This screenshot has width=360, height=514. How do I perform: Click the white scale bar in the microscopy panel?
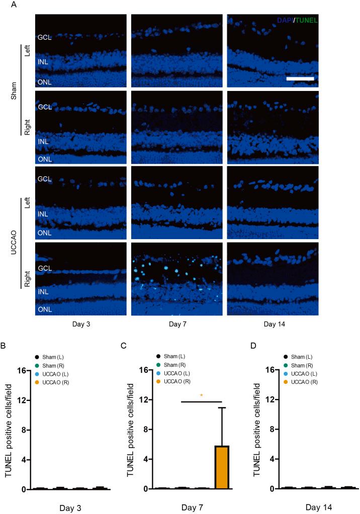click(300, 79)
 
